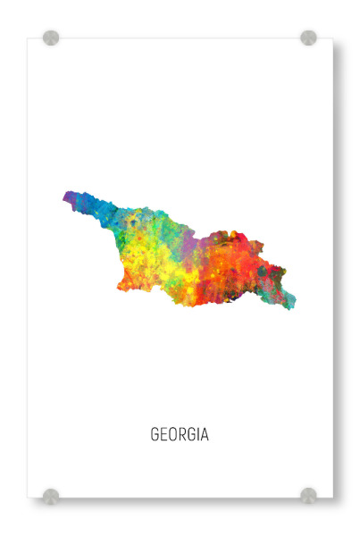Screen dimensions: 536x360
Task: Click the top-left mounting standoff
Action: point(51,38)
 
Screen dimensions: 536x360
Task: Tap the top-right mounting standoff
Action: point(308,38)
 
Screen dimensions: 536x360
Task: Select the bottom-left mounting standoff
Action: point(51,495)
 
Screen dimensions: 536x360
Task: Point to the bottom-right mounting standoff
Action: point(308,495)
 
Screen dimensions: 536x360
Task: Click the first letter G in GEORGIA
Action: point(155,435)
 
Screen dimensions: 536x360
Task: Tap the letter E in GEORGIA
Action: point(163,435)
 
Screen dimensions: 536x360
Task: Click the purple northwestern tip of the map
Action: point(69,197)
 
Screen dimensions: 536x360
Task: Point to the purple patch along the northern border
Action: point(189,234)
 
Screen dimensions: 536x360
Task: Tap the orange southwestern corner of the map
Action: point(125,284)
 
